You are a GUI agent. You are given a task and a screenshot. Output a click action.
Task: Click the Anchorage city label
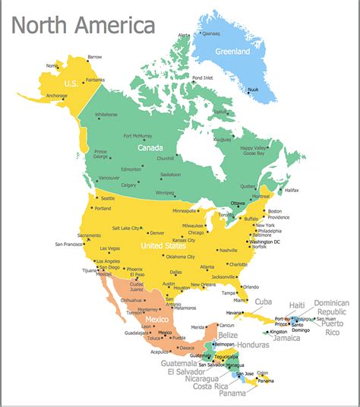[x=57, y=95]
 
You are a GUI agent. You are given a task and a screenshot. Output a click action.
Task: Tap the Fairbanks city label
[x=95, y=79]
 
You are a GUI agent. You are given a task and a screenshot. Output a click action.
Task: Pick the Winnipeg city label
[x=166, y=193]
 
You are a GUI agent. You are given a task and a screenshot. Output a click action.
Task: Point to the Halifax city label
[x=291, y=190]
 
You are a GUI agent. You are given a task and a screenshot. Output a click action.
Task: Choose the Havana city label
[x=234, y=313]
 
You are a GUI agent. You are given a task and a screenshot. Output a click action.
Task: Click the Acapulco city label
[x=159, y=352]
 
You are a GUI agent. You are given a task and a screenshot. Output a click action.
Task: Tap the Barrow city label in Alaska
[x=94, y=57]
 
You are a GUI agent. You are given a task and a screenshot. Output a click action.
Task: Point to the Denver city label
[x=157, y=232]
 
